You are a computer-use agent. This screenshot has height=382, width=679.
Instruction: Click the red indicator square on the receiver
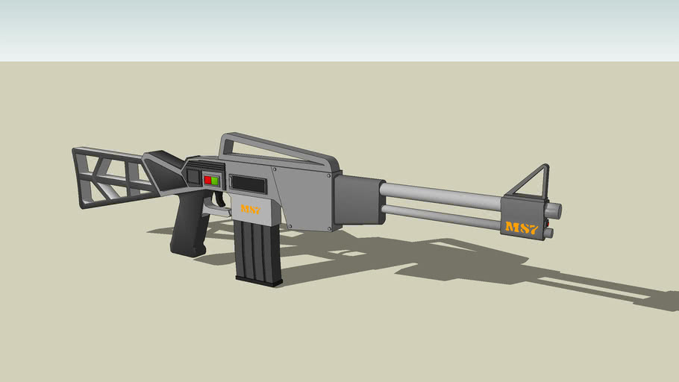tap(207, 181)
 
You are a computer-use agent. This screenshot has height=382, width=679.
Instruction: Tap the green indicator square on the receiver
tap(215, 181)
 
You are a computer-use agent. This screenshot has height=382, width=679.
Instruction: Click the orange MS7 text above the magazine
tap(251, 210)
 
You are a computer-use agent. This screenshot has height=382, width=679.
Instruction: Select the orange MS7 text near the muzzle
tap(522, 228)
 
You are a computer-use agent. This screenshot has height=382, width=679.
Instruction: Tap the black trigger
tap(222, 200)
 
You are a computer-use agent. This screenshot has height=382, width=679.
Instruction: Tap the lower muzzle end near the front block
tap(549, 234)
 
